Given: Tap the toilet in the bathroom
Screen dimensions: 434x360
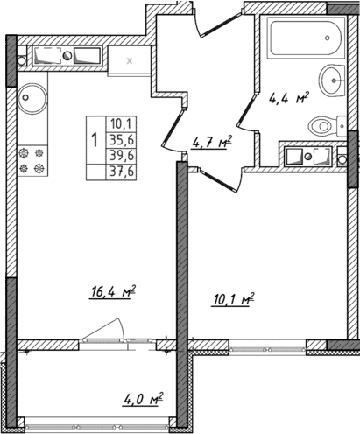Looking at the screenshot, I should coord(324,126).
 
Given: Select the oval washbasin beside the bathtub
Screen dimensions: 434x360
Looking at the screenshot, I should coord(333,82).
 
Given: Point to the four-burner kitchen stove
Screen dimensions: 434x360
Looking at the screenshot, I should coord(32,159).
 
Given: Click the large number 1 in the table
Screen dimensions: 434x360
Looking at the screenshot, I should coord(94,139).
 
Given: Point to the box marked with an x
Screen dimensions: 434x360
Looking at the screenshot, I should coord(130,60).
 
